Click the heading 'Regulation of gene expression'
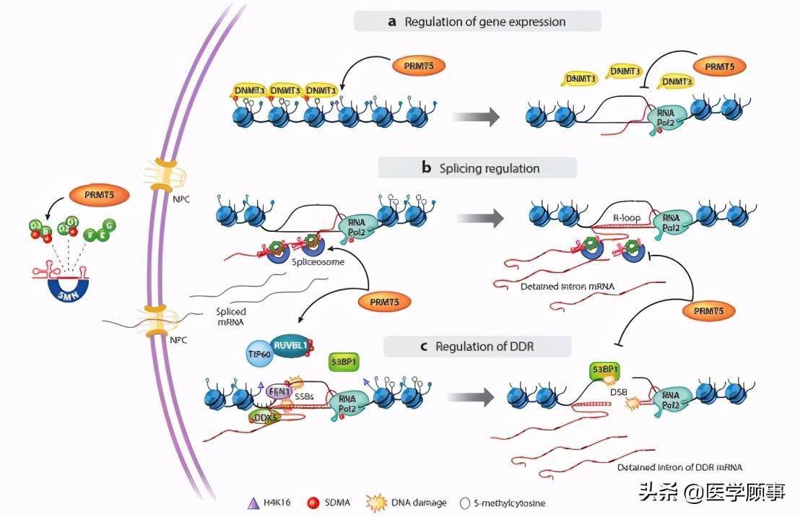pyautogui.click(x=477, y=22)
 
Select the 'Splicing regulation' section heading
pyautogui.click(x=478, y=168)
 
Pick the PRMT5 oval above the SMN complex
pyautogui.click(x=95, y=195)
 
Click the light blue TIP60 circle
pyautogui.click(x=253, y=356)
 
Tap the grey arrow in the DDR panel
pyautogui.click(x=472, y=396)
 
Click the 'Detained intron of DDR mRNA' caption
pyautogui.click(x=679, y=467)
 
